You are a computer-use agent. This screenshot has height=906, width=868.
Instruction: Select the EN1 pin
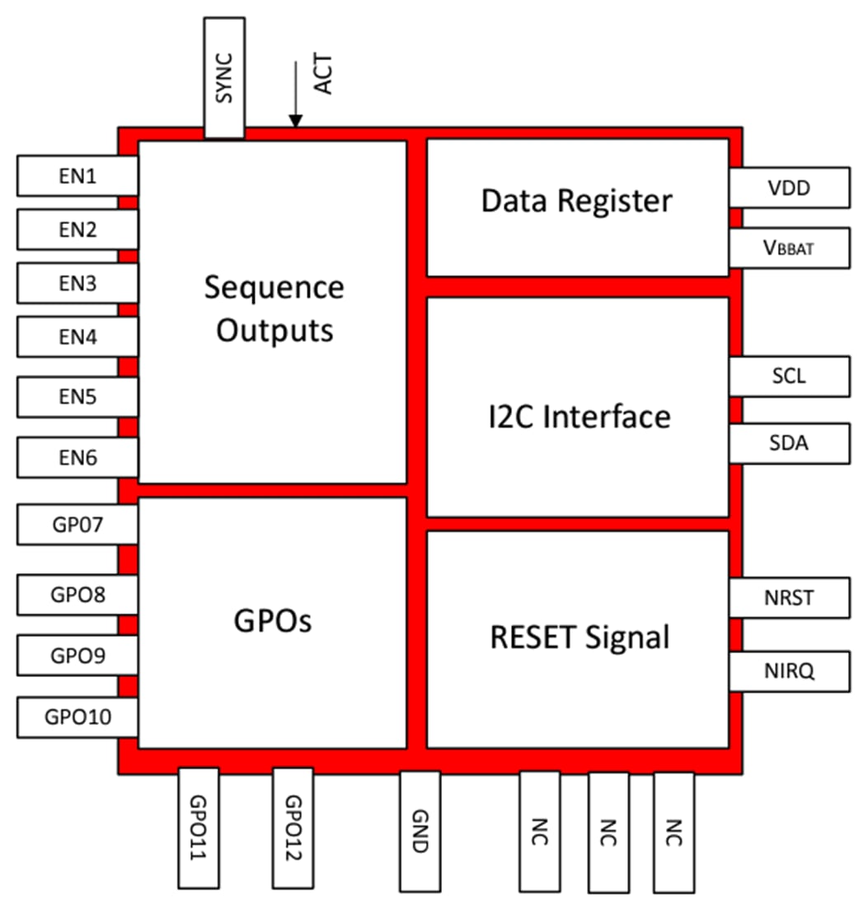(77, 175)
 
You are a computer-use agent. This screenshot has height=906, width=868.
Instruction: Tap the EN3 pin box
(77, 283)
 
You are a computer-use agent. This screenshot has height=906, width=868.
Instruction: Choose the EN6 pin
(77, 458)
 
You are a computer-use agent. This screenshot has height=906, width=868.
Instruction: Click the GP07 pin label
(77, 524)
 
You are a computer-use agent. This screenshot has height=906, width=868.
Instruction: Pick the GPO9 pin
(77, 656)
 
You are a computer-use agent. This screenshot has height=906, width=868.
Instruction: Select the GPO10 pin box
(77, 717)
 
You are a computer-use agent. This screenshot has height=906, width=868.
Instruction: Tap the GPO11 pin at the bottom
(199, 827)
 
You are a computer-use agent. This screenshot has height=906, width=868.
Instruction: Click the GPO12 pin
(293, 827)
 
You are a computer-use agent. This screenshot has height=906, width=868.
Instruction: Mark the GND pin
(420, 827)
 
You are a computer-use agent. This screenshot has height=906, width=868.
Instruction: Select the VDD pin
(789, 188)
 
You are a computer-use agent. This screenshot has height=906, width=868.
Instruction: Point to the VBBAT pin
(789, 247)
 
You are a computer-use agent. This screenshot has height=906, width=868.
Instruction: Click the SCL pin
(789, 376)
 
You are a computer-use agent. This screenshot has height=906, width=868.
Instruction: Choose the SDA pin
(789, 443)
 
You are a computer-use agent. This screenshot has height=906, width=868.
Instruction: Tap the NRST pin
(789, 597)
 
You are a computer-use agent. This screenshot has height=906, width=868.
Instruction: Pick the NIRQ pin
(789, 670)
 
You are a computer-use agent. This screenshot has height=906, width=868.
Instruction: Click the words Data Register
(577, 201)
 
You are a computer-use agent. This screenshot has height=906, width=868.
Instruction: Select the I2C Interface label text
(577, 416)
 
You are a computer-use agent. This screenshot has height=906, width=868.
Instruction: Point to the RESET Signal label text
(579, 637)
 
